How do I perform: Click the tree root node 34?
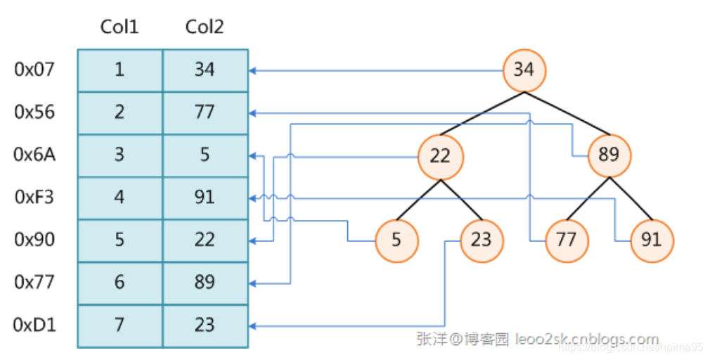coord(524,70)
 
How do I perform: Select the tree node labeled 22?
coord(439,155)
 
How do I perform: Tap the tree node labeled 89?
coord(609,155)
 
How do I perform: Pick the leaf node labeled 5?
coord(396,240)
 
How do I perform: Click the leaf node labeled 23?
coord(482,240)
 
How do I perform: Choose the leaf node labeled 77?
coord(566,240)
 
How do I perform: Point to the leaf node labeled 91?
coord(652,240)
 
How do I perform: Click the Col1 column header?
coord(120,27)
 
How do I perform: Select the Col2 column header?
coord(205,27)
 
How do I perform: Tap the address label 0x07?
coord(34,70)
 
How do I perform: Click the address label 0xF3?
coord(34,197)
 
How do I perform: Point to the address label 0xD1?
coord(34,325)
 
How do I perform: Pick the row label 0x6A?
coord(34,155)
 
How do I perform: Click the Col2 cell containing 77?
coord(205,112)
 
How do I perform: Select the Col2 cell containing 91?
coord(205,198)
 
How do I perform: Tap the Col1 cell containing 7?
coord(120,326)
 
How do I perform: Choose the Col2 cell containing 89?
coord(205,283)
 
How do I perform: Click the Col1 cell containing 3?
coord(120,155)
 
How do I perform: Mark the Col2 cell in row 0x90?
coord(205,240)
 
